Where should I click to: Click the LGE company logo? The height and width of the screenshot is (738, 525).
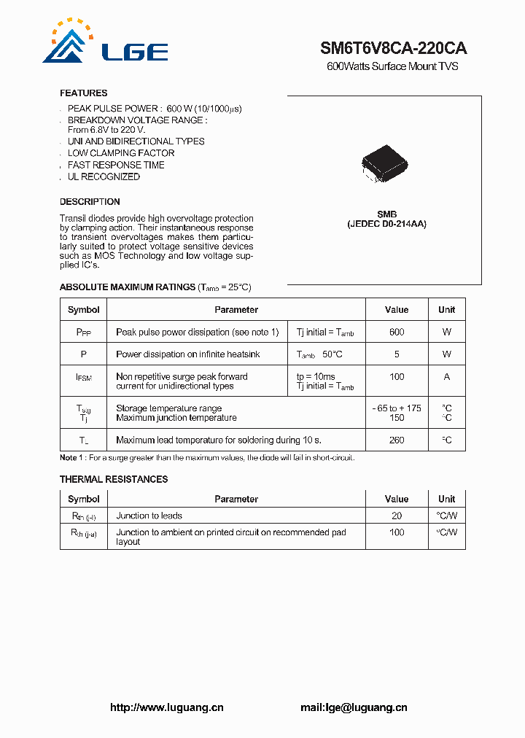[x=105, y=43]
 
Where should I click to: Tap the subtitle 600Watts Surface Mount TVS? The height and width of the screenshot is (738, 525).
[x=392, y=67]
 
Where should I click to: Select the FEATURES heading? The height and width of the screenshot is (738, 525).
[x=83, y=93]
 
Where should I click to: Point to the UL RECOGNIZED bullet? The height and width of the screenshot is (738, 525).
[x=104, y=176]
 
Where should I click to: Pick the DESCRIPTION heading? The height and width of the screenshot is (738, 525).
[x=90, y=202]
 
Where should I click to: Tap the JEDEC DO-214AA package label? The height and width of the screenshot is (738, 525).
[x=386, y=225]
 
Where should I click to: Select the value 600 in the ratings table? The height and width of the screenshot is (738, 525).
[x=396, y=332]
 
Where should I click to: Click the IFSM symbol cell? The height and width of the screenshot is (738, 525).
[x=84, y=378]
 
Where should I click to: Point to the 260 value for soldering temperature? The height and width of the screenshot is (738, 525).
[x=396, y=440]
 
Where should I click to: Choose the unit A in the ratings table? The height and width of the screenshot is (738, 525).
[x=446, y=377]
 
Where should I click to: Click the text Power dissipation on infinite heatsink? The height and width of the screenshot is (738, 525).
[x=187, y=354]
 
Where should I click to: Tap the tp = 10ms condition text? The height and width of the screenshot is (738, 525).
[x=316, y=377]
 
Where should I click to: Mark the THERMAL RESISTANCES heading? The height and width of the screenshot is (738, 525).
[x=113, y=479]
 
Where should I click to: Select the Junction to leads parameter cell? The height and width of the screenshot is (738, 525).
[x=149, y=516]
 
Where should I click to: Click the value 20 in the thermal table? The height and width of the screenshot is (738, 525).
[x=396, y=516]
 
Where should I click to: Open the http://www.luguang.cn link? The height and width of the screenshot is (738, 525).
[x=166, y=707]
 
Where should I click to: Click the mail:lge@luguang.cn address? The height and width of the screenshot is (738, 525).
[x=354, y=707]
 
